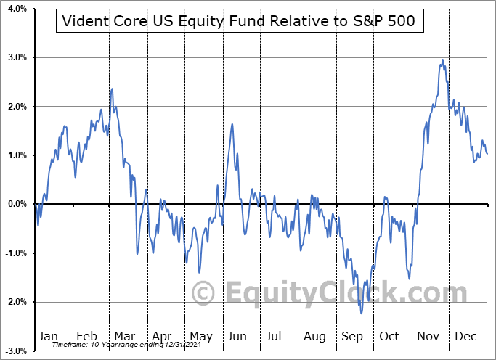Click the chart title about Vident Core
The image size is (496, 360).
pos(240,21)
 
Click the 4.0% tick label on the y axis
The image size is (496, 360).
pos(17,9)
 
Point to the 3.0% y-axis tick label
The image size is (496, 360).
pos(17,57)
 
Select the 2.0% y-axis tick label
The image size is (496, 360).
pos(17,107)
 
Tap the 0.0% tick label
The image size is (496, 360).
pos(17,204)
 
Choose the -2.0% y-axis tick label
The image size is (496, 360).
pos(15,302)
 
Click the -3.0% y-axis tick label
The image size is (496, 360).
pos(15,351)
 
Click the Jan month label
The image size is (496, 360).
pos(48,336)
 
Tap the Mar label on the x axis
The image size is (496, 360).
pos(124,336)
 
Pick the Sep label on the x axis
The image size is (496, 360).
pos(353,336)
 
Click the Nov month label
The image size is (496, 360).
pos(429,336)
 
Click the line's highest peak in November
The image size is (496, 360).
pos(442,60)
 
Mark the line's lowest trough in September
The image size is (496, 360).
pos(361,313)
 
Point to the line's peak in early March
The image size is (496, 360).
pos(112,89)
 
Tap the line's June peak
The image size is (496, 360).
pos(232,124)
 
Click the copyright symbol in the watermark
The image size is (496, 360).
pos(203,293)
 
